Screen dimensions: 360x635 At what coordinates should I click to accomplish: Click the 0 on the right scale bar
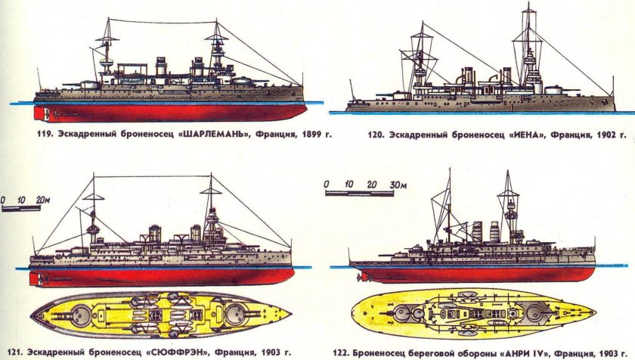pyautogui.click(x=326, y=185)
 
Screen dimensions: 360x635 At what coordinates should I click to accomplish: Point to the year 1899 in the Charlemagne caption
pyautogui.click(x=312, y=137)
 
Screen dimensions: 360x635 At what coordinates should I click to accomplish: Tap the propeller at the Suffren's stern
pyautogui.click(x=37, y=279)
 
